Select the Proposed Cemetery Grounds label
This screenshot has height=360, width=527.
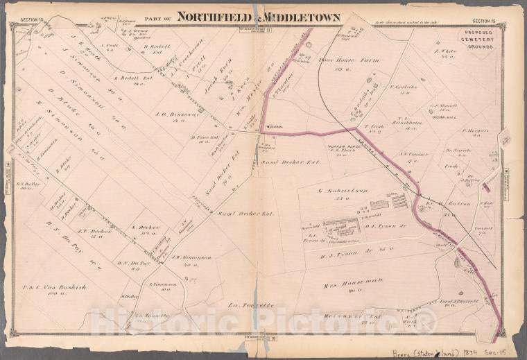pyautogui.click(x=474, y=37)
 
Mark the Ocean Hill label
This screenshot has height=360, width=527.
pyautogui.click(x=441, y=117)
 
